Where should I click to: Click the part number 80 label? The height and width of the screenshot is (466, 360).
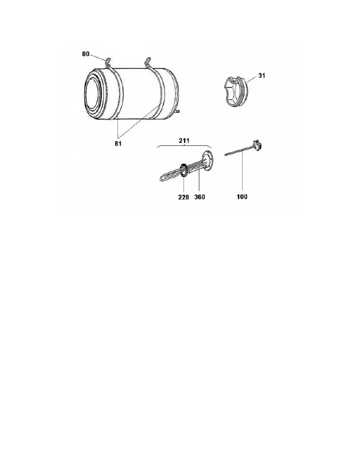[x=86, y=54]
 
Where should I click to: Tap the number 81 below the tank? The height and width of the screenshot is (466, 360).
[x=118, y=144]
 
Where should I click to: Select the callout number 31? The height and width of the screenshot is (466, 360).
[x=261, y=75]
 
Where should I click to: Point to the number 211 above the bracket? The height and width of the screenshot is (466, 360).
[x=184, y=140]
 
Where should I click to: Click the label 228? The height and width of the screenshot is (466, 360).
[x=183, y=197]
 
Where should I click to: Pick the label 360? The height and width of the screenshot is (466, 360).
[x=200, y=197]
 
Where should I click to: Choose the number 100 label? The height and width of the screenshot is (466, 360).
[x=242, y=197]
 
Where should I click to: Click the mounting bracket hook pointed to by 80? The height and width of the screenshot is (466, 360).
[x=108, y=62]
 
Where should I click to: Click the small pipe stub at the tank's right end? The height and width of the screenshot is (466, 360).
[x=178, y=112]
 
